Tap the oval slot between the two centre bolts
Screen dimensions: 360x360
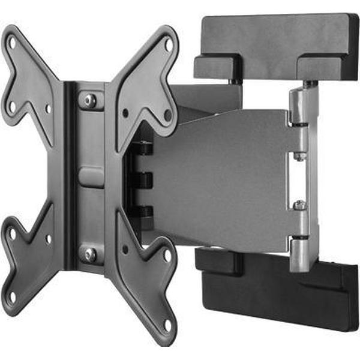click(91, 177)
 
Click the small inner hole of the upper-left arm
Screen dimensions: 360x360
click(49, 110)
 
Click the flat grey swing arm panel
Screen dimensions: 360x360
click(228, 180)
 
